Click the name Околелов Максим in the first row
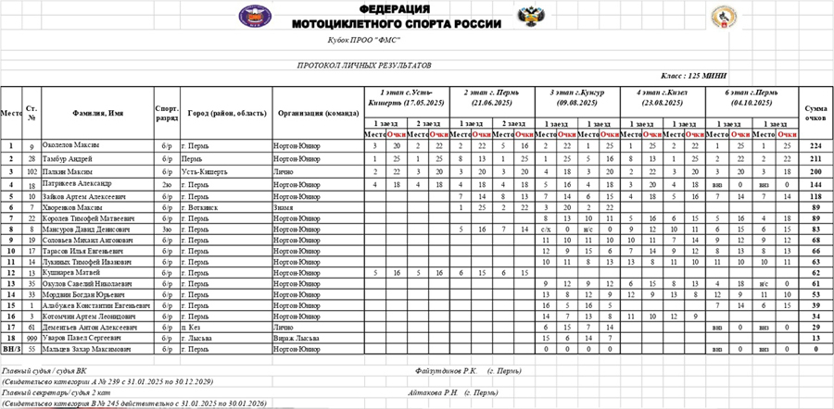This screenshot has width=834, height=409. [73, 146]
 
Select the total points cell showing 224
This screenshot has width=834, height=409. [815, 146]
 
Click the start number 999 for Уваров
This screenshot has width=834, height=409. [32, 339]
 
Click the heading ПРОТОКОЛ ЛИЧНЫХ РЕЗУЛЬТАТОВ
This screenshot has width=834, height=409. [364, 67]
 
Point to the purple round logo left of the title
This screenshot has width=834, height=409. [250, 16]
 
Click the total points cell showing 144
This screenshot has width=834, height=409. [815, 183]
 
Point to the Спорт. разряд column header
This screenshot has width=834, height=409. [167, 113]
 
